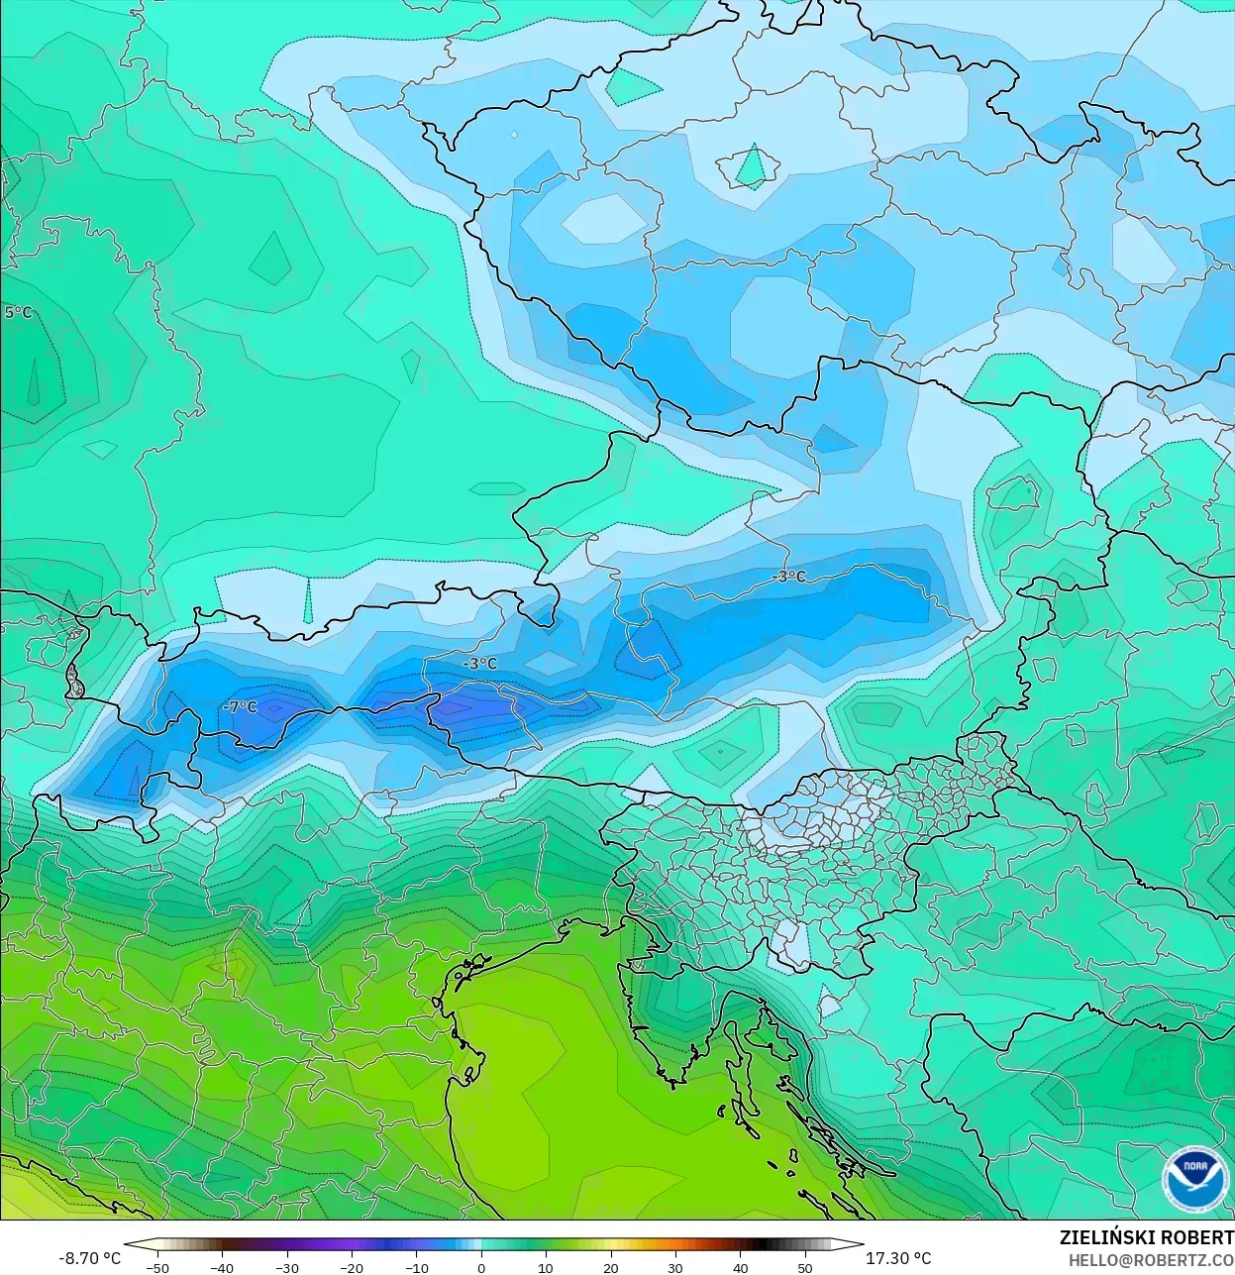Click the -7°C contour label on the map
click(x=240, y=707)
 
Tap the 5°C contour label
click(x=18, y=312)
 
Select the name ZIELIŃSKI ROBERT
click(x=1146, y=1237)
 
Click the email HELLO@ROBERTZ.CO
click(x=1151, y=1259)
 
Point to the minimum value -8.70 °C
click(x=89, y=1258)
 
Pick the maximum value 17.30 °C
click(x=898, y=1258)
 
